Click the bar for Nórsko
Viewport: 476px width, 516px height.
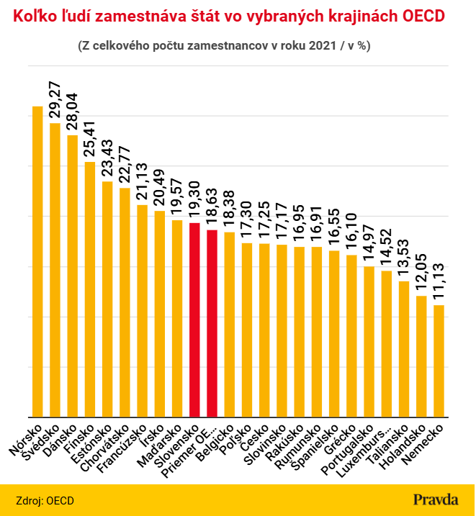pyautogui.click(x=37, y=262)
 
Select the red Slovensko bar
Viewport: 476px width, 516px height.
pyautogui.click(x=194, y=320)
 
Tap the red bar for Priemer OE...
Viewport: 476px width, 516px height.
pyautogui.click(x=212, y=323)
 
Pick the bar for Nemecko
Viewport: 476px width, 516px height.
pyautogui.click(x=439, y=361)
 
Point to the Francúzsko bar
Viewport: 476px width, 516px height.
pyautogui.click(x=142, y=311)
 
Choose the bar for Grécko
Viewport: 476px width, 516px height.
pyautogui.click(x=351, y=336)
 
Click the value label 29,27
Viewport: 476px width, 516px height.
pyautogui.click(x=55, y=99)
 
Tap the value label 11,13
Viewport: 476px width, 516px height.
pyautogui.click(x=439, y=281)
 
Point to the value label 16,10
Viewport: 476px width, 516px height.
pyautogui.click(x=351, y=231)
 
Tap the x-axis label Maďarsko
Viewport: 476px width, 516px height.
pyautogui.click(x=160, y=445)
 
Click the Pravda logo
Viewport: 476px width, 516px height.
pyautogui.click(x=436, y=500)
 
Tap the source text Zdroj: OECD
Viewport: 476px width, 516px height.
pyautogui.click(x=45, y=501)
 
